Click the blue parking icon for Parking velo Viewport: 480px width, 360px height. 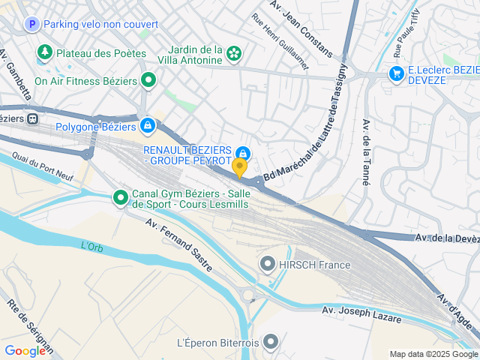(x=31, y=25)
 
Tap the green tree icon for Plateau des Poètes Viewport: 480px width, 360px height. (x=46, y=52)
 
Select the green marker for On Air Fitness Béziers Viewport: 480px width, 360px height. (x=148, y=79)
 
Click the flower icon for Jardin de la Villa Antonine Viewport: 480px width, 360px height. (x=234, y=53)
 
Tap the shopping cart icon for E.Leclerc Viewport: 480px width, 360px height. (x=395, y=73)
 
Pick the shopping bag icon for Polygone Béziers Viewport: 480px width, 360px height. (x=147, y=125)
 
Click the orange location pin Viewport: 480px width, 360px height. (x=240, y=167)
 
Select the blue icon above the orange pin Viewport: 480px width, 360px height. (x=242, y=152)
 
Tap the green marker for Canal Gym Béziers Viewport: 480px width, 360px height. (x=120, y=198)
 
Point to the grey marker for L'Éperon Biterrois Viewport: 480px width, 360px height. (x=271, y=343)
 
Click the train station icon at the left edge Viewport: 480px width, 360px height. (x=32, y=118)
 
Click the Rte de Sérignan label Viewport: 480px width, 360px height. (x=29, y=327)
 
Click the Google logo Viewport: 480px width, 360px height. (x=25, y=350)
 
